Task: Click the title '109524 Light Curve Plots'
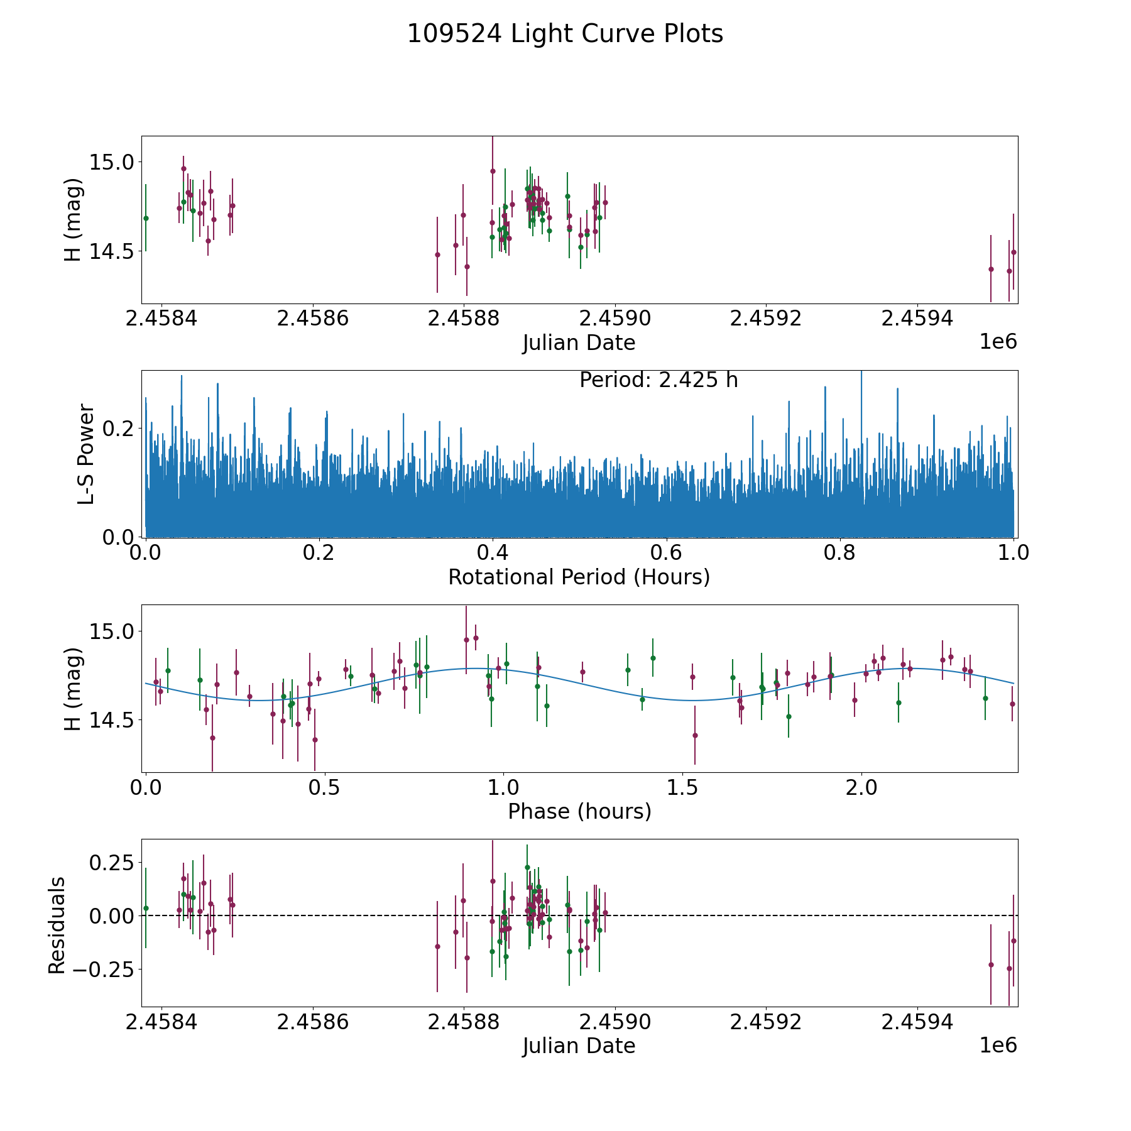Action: point(565,34)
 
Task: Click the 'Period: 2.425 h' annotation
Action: point(658,380)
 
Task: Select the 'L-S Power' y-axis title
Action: point(86,454)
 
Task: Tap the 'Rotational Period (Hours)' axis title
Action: point(579,577)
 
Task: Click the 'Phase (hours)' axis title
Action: point(579,811)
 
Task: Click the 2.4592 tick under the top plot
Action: point(765,318)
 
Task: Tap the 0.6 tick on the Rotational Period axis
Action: point(666,553)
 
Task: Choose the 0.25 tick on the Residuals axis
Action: point(111,863)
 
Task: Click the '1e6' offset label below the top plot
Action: point(998,342)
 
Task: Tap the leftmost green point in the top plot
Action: point(146,218)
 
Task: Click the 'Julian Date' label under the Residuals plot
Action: point(579,1046)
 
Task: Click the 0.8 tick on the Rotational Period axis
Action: point(839,553)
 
